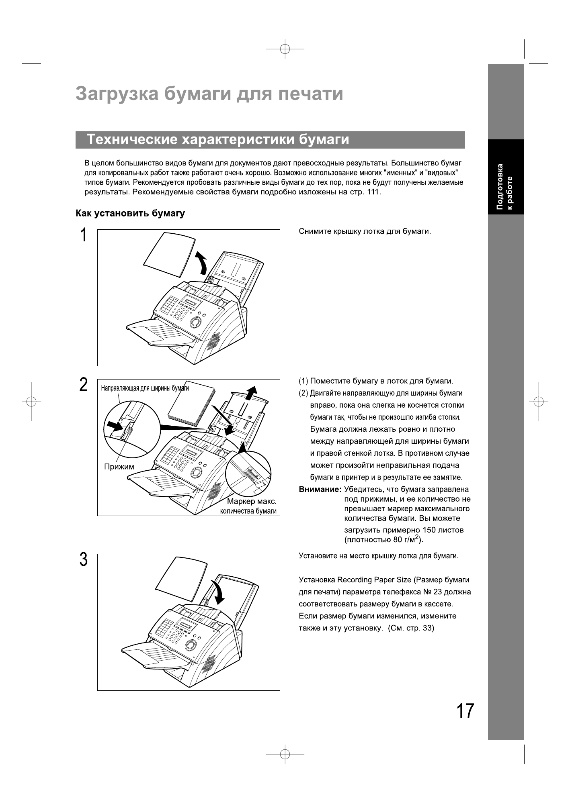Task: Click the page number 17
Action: pyautogui.click(x=465, y=711)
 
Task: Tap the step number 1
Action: pyautogui.click(x=83, y=235)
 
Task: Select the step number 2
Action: pyautogui.click(x=83, y=385)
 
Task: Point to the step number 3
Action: pyautogui.click(x=83, y=559)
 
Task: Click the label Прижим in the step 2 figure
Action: pyautogui.click(x=119, y=467)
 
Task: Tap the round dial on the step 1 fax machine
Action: pyautogui.click(x=196, y=322)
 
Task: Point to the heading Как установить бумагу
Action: pyautogui.click(x=130, y=213)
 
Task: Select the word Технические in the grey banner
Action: pyautogui.click(x=132, y=140)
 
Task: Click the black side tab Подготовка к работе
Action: pyautogui.click(x=506, y=177)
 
